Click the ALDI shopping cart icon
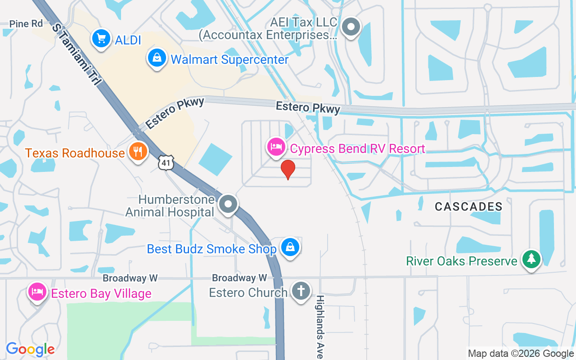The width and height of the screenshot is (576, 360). (x=101, y=39)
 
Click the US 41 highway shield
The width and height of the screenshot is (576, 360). (x=166, y=163)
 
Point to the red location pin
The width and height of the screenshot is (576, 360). (x=288, y=170)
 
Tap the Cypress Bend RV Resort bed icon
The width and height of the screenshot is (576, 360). (x=276, y=147)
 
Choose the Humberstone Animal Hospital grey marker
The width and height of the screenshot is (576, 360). (x=228, y=204)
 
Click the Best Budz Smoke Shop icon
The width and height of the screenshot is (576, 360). (x=290, y=247)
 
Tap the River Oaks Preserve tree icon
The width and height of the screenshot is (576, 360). (x=531, y=259)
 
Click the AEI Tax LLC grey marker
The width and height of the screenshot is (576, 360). (x=351, y=27)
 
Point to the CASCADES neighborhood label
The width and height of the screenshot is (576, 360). (x=468, y=207)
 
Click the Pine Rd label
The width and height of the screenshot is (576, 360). (x=26, y=24)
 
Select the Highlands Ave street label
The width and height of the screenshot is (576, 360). (x=320, y=326)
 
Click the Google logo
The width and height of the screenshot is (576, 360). (x=30, y=349)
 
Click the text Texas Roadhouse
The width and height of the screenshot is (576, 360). (x=75, y=153)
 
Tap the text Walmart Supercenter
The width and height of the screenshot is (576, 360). (x=229, y=59)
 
